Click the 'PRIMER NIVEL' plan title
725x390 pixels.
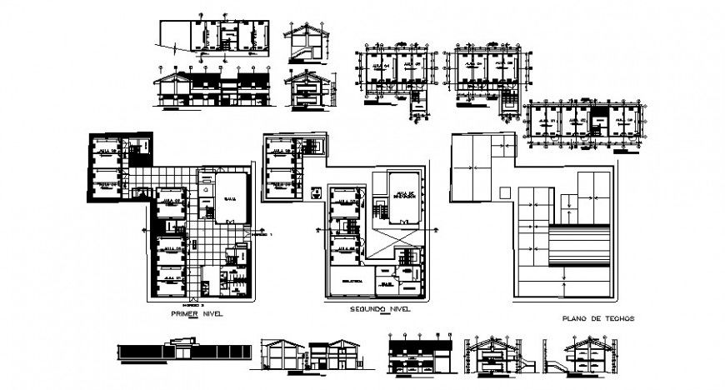click(x=197, y=315)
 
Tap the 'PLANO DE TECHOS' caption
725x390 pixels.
click(x=598, y=318)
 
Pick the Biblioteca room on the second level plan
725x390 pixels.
click(x=352, y=282)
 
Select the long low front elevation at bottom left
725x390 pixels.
click(x=182, y=352)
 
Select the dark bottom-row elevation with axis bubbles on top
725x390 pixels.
click(x=420, y=352)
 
